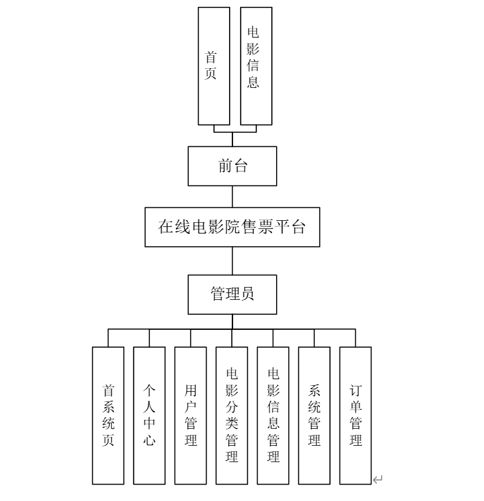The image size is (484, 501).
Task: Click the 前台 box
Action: pyautogui.click(x=232, y=166)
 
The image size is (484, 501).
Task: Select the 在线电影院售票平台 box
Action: pyautogui.click(x=232, y=227)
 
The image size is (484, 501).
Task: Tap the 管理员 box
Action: pyautogui.click(x=232, y=294)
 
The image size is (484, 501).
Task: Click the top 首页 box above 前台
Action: pyautogui.click(x=213, y=66)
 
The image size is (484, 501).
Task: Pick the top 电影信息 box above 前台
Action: pyautogui.click(x=256, y=66)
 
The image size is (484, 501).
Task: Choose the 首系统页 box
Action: pyautogui.click(x=108, y=415)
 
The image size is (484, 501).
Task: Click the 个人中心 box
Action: pyautogui.click(x=149, y=415)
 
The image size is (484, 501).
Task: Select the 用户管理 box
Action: pyautogui.click(x=191, y=415)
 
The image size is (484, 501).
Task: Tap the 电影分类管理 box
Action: pyautogui.click(x=232, y=415)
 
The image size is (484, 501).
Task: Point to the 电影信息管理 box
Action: pyautogui.click(x=273, y=415)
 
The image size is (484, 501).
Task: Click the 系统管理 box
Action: pyautogui.click(x=314, y=415)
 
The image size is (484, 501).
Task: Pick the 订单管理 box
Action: pyautogui.click(x=356, y=415)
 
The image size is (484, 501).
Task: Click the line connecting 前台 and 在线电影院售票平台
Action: pyautogui.click(x=232, y=196)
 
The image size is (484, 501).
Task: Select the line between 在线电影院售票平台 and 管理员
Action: pyautogui.click(x=232, y=260)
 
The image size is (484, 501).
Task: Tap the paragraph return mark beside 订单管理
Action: pyautogui.click(x=378, y=481)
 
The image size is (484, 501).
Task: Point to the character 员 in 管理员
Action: pyautogui.click(x=247, y=294)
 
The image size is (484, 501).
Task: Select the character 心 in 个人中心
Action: pyautogui.click(x=149, y=440)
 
